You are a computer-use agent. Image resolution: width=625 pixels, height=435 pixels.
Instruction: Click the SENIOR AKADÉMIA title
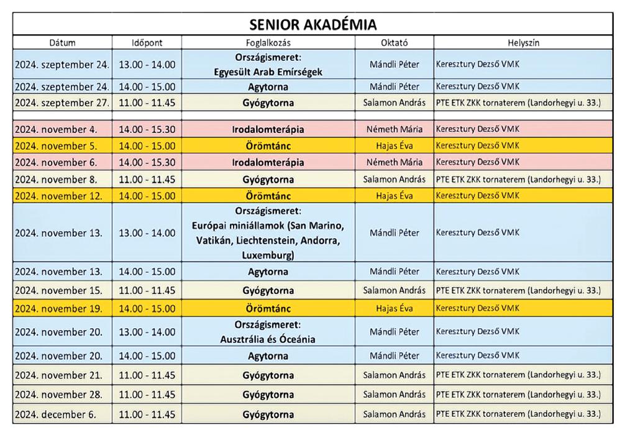coord(312,24)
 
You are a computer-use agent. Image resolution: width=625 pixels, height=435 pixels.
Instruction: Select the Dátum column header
coord(62,43)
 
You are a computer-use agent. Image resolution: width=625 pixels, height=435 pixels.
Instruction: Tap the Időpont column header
coord(147,43)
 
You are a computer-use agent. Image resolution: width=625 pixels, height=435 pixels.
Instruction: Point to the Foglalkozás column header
coord(268,43)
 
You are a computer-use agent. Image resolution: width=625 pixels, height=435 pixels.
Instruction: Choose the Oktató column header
coord(395,43)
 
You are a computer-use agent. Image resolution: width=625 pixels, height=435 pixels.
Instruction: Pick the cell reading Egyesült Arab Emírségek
coord(268,71)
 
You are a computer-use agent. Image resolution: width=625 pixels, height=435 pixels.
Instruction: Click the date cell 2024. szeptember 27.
coord(62,102)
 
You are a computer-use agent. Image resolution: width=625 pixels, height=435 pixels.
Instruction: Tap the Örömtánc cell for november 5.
coord(268,147)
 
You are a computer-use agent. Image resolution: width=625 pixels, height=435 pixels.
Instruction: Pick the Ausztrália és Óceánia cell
coord(268,339)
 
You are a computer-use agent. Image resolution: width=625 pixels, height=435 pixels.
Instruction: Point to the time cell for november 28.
coord(147,395)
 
